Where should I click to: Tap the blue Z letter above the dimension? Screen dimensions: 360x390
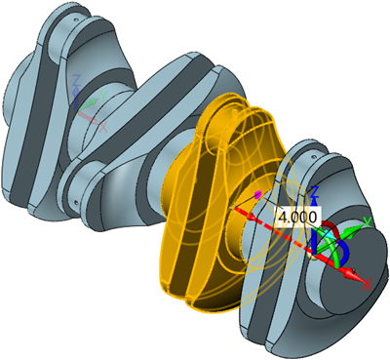[313, 190]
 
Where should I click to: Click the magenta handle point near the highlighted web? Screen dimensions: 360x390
[256, 195]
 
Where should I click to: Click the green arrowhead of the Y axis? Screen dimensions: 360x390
[359, 226]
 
